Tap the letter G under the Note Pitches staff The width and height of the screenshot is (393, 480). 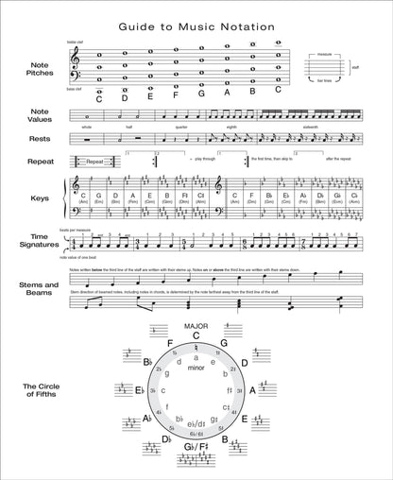click(x=200, y=94)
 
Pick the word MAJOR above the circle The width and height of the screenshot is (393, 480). click(x=196, y=327)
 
